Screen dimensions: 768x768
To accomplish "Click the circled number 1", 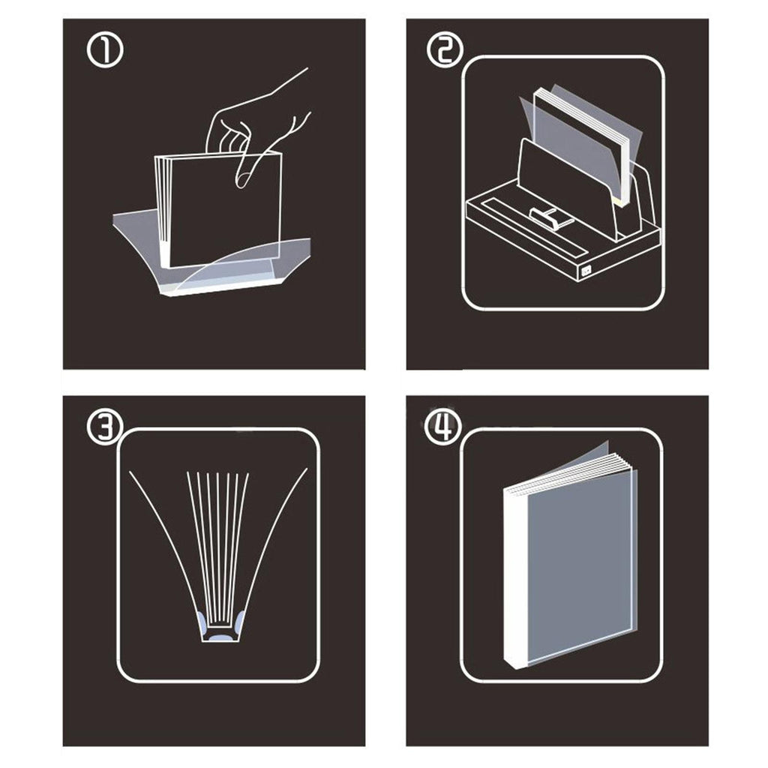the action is [105, 50].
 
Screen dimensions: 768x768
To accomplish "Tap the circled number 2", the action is [445, 50].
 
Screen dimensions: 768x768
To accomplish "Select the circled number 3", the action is [105, 425].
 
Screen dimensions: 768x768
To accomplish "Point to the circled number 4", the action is [443, 425].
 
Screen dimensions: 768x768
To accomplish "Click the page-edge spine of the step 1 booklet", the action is [162, 211].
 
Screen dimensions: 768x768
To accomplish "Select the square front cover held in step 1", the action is [225, 211].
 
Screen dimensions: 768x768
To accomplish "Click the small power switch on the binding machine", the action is [586, 270].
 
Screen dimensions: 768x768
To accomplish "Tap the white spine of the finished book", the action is [514, 578].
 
